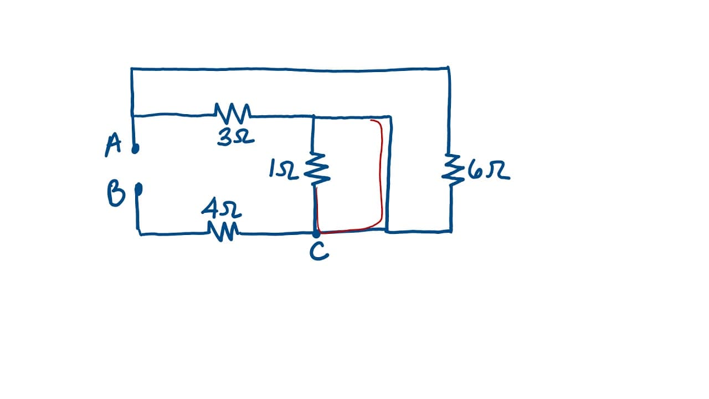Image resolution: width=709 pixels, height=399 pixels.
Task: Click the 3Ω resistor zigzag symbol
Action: (x=233, y=113)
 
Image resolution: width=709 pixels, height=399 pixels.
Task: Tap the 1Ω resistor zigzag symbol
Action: (x=317, y=170)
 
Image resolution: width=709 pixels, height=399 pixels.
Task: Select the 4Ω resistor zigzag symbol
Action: (x=223, y=232)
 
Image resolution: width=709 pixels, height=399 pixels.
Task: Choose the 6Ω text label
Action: (x=489, y=171)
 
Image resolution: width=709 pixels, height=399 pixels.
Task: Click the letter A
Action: (x=113, y=145)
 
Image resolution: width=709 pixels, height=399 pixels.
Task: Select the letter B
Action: (x=116, y=193)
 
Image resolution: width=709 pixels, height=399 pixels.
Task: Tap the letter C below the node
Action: (x=319, y=251)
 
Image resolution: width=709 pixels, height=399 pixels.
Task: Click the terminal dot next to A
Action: (x=135, y=149)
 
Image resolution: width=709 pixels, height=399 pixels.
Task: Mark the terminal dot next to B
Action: (x=138, y=189)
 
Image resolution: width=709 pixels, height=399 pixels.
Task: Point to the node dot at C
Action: (x=316, y=234)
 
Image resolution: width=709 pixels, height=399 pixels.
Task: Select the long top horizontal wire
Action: (x=290, y=69)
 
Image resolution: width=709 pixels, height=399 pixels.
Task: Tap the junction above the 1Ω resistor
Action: (x=314, y=117)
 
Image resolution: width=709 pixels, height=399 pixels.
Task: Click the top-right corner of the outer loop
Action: (x=449, y=68)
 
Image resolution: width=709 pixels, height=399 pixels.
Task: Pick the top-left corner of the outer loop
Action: (x=132, y=69)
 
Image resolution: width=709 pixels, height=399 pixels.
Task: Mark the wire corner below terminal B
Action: (x=140, y=234)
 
